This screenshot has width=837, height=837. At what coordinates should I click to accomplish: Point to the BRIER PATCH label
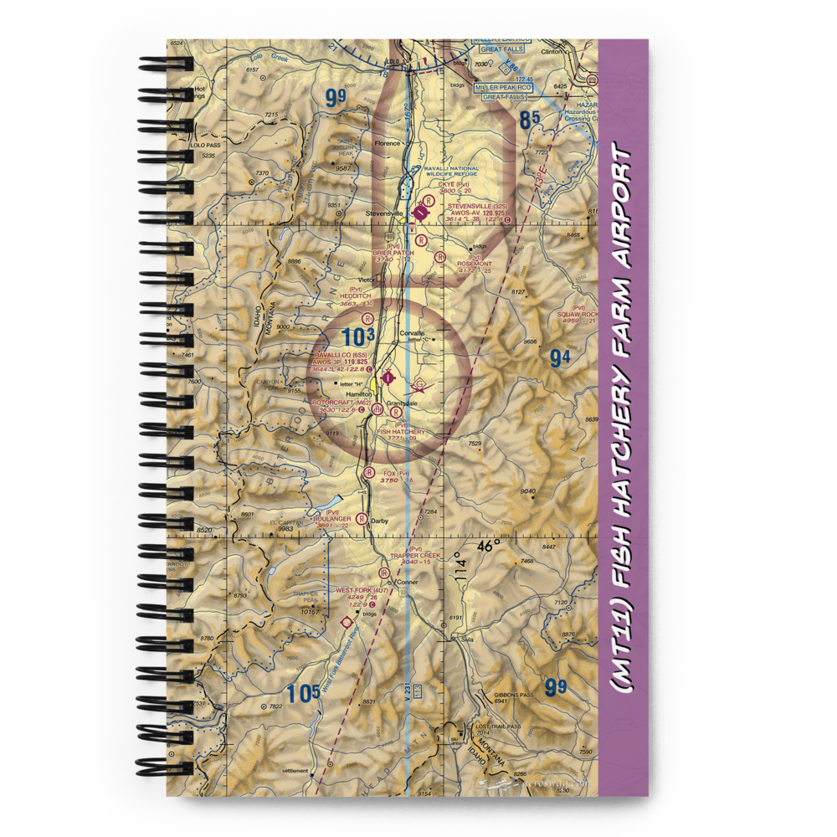click(394, 253)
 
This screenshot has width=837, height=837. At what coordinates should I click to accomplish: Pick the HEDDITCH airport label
click(355, 295)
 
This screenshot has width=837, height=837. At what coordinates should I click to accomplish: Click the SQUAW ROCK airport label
click(575, 314)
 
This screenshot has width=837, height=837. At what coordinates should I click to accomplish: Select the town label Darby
click(379, 520)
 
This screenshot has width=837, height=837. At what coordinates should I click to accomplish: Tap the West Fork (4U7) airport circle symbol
click(347, 623)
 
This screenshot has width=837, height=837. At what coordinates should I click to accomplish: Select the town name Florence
click(388, 143)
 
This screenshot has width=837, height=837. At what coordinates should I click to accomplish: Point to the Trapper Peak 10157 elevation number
click(311, 612)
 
